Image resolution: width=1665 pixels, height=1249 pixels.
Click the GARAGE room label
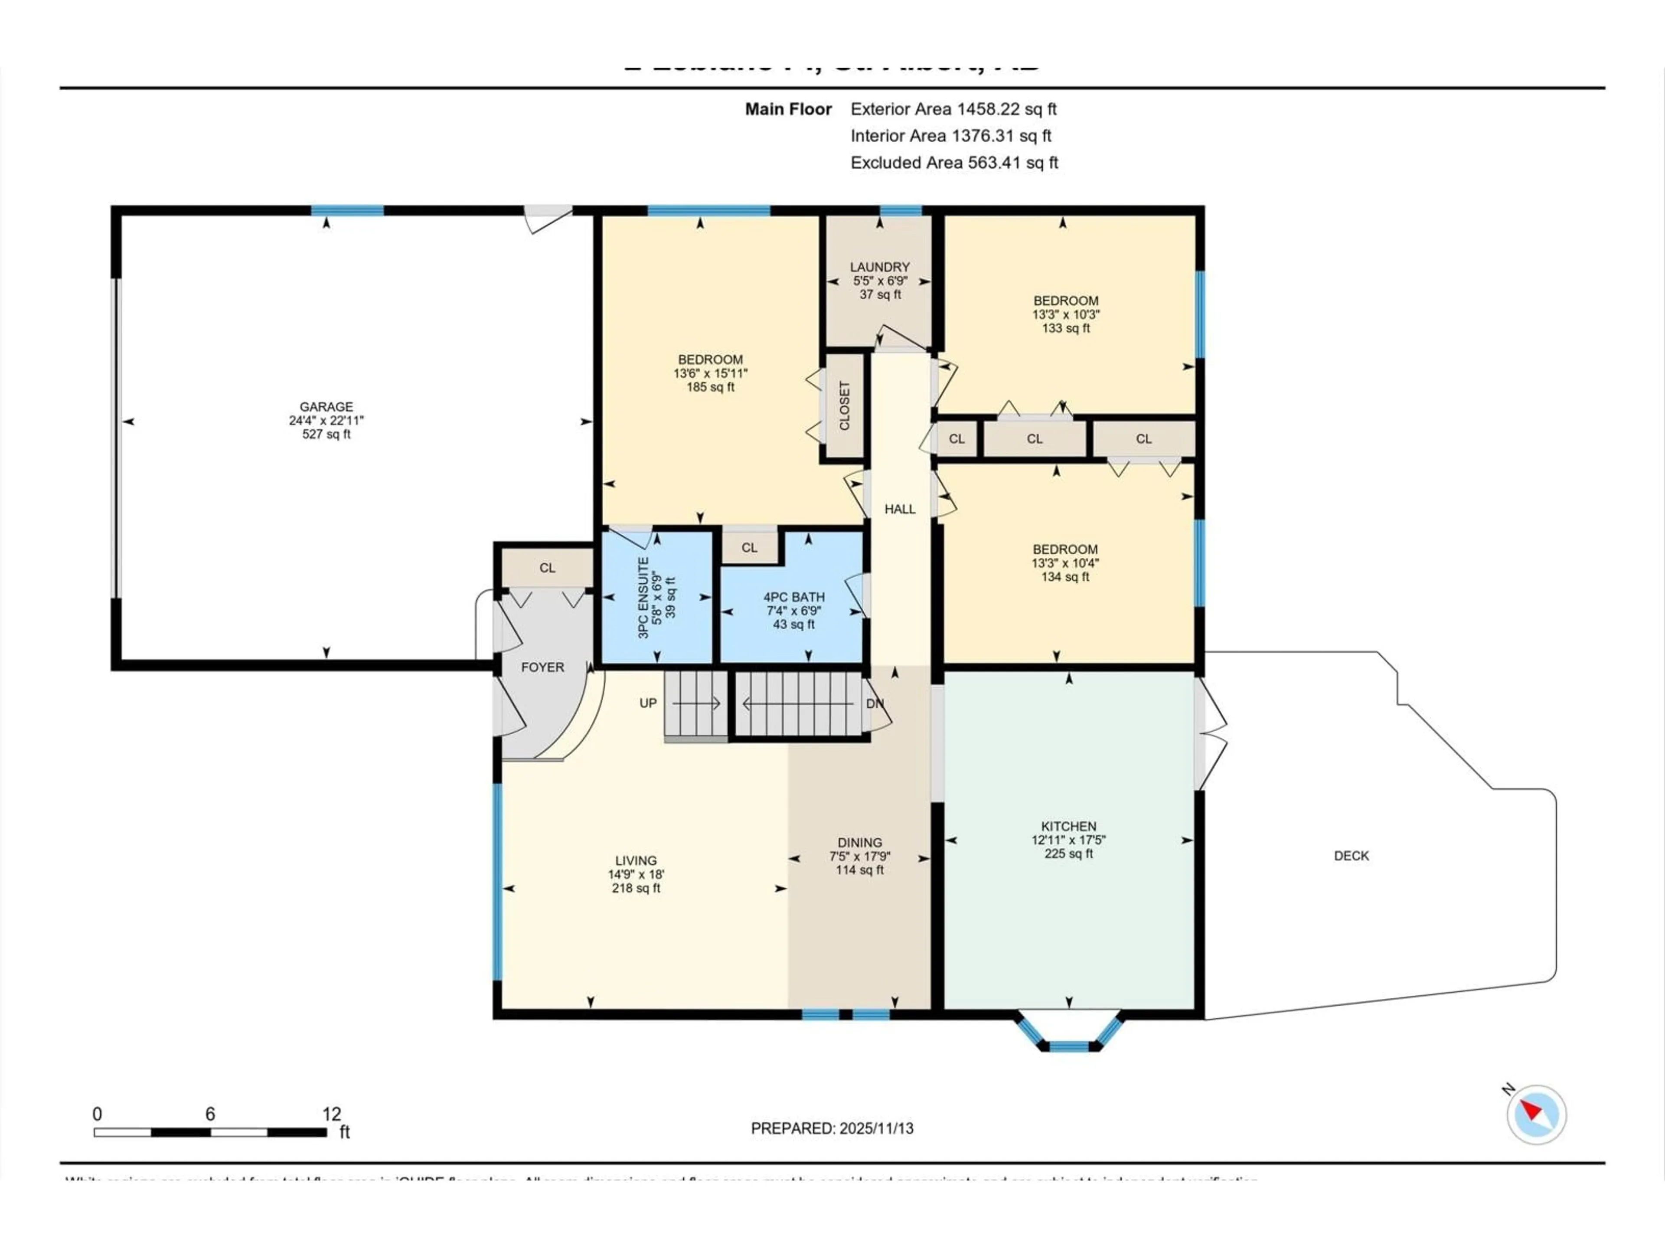[x=326, y=406]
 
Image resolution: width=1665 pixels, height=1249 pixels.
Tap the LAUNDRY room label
[x=879, y=267]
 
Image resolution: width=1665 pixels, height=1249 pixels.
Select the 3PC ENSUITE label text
[x=643, y=598]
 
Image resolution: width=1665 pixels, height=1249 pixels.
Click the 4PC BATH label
[x=793, y=597]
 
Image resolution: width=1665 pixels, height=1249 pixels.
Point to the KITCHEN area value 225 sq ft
[x=1068, y=854]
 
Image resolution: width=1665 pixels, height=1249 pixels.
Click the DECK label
[x=1351, y=856]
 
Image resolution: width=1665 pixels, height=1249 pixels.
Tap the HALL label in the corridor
[x=900, y=510]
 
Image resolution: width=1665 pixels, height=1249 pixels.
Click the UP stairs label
[x=647, y=703]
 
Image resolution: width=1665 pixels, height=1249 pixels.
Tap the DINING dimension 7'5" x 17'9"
[x=859, y=857]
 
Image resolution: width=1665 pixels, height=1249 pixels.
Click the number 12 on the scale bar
[x=331, y=1114]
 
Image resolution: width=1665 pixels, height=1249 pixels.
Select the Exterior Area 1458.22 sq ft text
[x=953, y=109]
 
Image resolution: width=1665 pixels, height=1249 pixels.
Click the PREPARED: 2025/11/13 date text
[x=832, y=1128]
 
